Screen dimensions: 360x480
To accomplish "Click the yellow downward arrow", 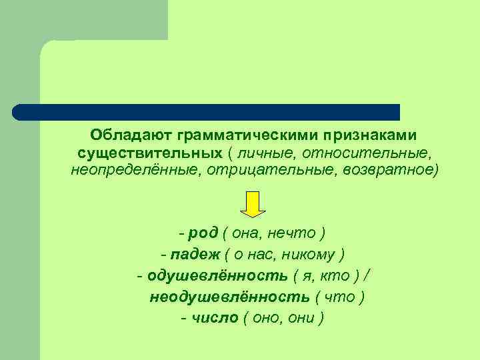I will click(x=253, y=204).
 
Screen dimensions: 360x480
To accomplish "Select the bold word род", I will click(x=199, y=233).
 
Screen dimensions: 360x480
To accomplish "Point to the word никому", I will click(x=313, y=254).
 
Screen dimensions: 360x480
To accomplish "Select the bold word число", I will click(x=215, y=318).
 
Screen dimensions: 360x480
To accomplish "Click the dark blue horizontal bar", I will click(x=207, y=112).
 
